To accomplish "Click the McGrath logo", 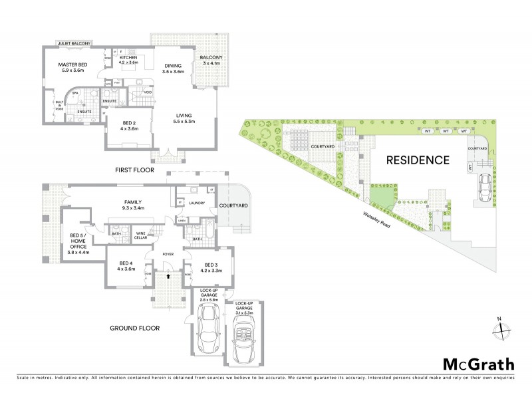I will point(478,364).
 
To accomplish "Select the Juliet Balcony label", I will point(74,43).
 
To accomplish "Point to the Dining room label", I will point(174,68).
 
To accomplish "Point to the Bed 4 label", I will point(126,265).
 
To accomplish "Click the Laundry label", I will point(196,203).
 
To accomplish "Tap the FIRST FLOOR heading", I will point(134,170).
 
